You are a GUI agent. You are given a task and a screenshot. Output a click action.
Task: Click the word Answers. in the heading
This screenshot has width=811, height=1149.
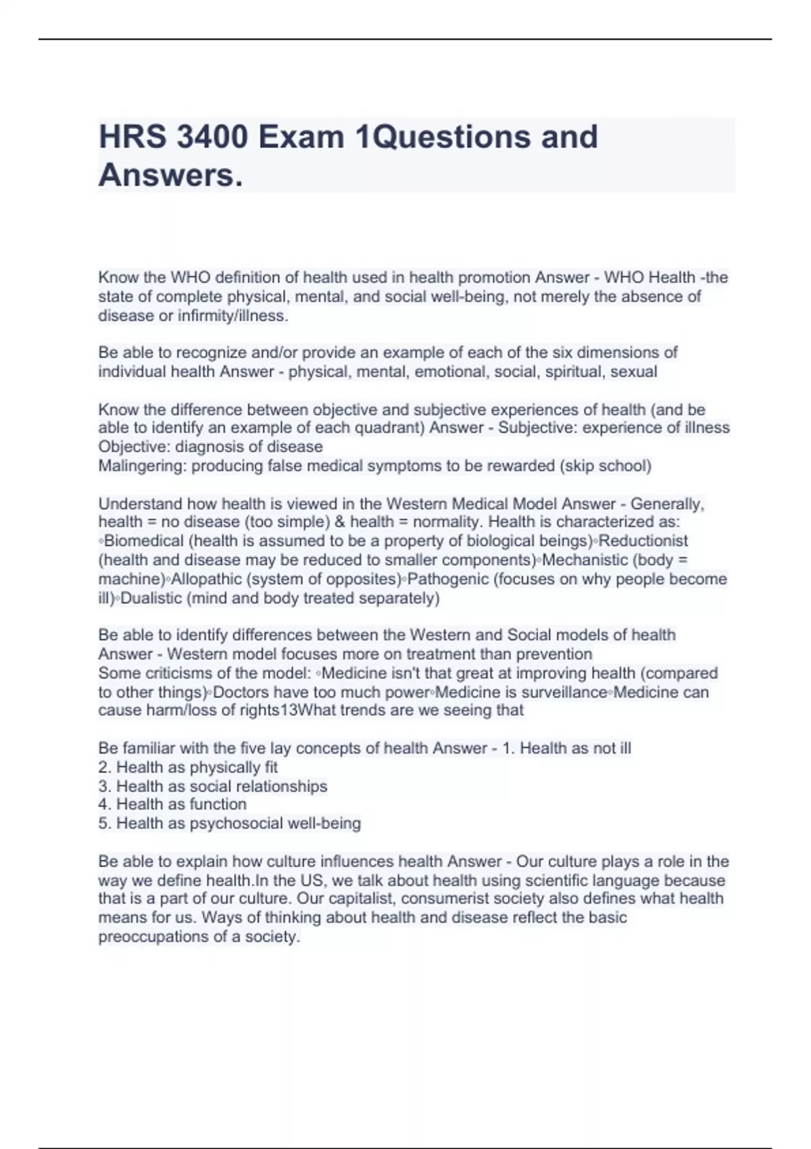pos(170,176)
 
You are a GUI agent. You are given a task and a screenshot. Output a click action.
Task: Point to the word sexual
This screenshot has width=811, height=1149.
pos(634,371)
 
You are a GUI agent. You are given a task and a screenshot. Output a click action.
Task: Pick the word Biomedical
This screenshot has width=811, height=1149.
pos(143,541)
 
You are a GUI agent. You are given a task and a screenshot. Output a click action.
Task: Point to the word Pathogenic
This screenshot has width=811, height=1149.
pos(449,579)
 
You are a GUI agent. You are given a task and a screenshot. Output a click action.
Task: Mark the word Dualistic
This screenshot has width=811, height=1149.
pos(152,598)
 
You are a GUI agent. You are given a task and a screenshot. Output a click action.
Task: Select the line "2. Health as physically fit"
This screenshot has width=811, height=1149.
pos(188,767)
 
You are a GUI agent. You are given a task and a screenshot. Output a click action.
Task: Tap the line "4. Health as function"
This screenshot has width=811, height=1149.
pos(172,804)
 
